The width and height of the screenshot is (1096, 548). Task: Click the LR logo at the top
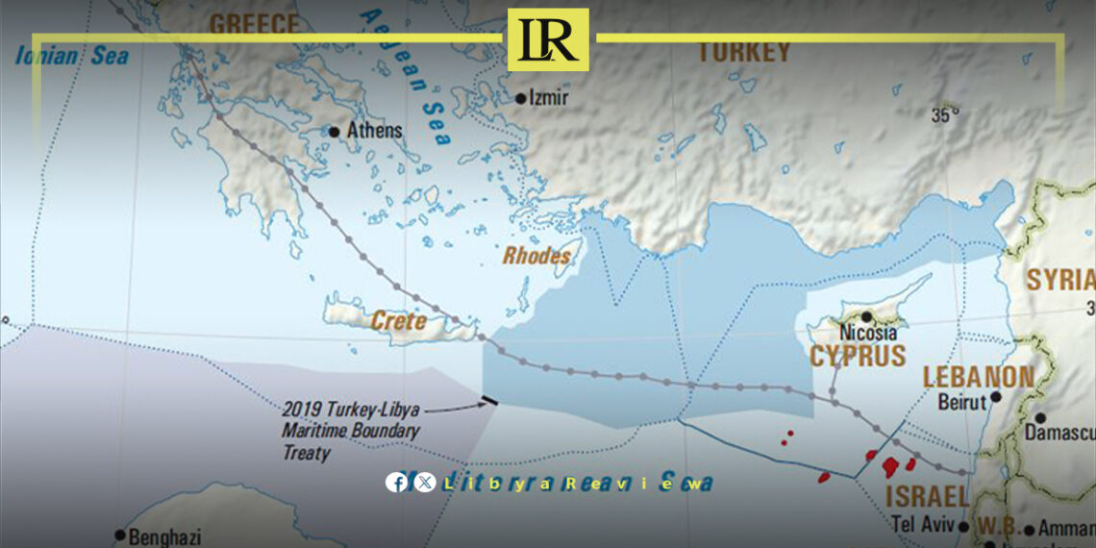[548, 39]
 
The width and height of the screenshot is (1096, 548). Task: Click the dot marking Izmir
[521, 98]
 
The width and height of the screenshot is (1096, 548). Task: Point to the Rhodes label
[536, 257]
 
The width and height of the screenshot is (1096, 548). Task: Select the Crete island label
[398, 321]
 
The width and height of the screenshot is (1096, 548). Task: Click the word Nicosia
[868, 333]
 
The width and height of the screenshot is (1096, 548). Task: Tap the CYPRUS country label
[858, 356]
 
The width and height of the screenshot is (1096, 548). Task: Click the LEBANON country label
[979, 377]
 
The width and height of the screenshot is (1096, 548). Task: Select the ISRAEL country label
[926, 497]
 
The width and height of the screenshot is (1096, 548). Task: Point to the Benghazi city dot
[120, 535]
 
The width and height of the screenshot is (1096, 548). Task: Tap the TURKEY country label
[742, 52]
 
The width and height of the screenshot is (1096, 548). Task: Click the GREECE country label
[254, 24]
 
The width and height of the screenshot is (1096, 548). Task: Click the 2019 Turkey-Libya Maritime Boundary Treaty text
[351, 429]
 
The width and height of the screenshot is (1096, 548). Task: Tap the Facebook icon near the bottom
[396, 483]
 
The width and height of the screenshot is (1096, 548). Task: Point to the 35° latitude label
[945, 115]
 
